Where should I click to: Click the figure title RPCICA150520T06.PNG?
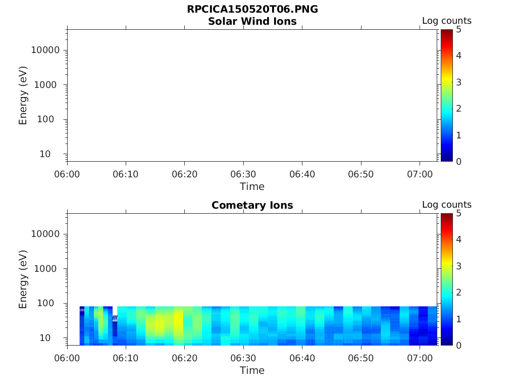tap(252, 10)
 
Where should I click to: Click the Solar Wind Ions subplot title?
tap(252, 21)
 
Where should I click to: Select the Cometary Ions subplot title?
tap(252, 205)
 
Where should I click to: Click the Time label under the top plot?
tap(252, 186)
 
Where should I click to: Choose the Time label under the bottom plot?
tap(252, 370)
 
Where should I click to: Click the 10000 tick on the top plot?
tap(45, 50)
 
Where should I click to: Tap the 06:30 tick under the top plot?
tap(243, 174)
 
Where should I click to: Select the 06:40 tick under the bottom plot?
tap(302, 358)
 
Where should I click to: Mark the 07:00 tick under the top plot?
tap(420, 174)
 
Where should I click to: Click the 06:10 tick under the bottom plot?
tap(126, 358)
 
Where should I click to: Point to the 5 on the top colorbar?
tap(459, 29)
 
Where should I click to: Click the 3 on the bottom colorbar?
tap(459, 266)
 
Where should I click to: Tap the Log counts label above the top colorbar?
tap(446, 21)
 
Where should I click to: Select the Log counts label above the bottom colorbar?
tap(446, 205)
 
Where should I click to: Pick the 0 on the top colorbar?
tap(459, 161)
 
